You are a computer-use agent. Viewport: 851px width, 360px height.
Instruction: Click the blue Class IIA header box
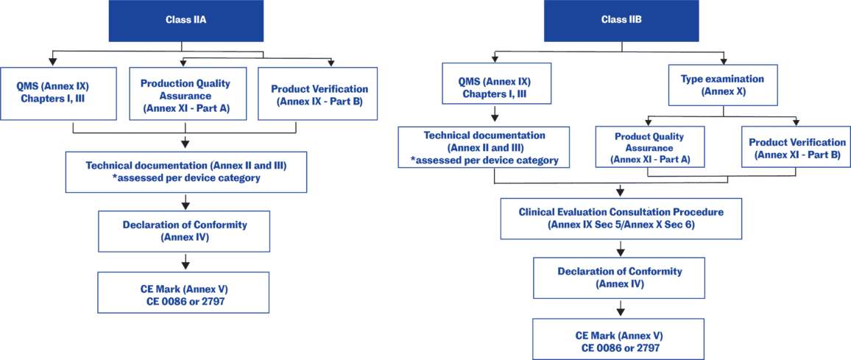(186, 20)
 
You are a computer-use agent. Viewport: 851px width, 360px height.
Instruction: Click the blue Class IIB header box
(621, 20)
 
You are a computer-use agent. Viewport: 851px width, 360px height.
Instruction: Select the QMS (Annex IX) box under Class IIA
(59, 93)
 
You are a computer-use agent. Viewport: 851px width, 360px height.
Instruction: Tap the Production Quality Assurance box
(186, 93)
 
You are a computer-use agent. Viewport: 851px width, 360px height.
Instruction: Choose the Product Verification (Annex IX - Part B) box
(317, 93)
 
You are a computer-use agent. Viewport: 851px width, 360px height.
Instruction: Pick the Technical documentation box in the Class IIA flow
(186, 172)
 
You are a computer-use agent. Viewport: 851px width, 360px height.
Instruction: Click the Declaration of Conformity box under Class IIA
(186, 230)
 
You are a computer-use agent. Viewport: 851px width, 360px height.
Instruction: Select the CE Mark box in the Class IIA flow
(186, 292)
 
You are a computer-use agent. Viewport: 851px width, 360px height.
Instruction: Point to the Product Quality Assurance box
(649, 148)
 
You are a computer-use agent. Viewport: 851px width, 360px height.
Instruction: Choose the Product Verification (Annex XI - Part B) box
(797, 148)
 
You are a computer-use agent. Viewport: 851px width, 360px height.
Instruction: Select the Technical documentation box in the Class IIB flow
(484, 147)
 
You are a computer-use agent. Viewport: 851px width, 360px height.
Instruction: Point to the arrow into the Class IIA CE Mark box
(186, 261)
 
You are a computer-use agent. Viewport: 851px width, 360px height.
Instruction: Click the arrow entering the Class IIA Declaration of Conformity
(186, 201)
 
